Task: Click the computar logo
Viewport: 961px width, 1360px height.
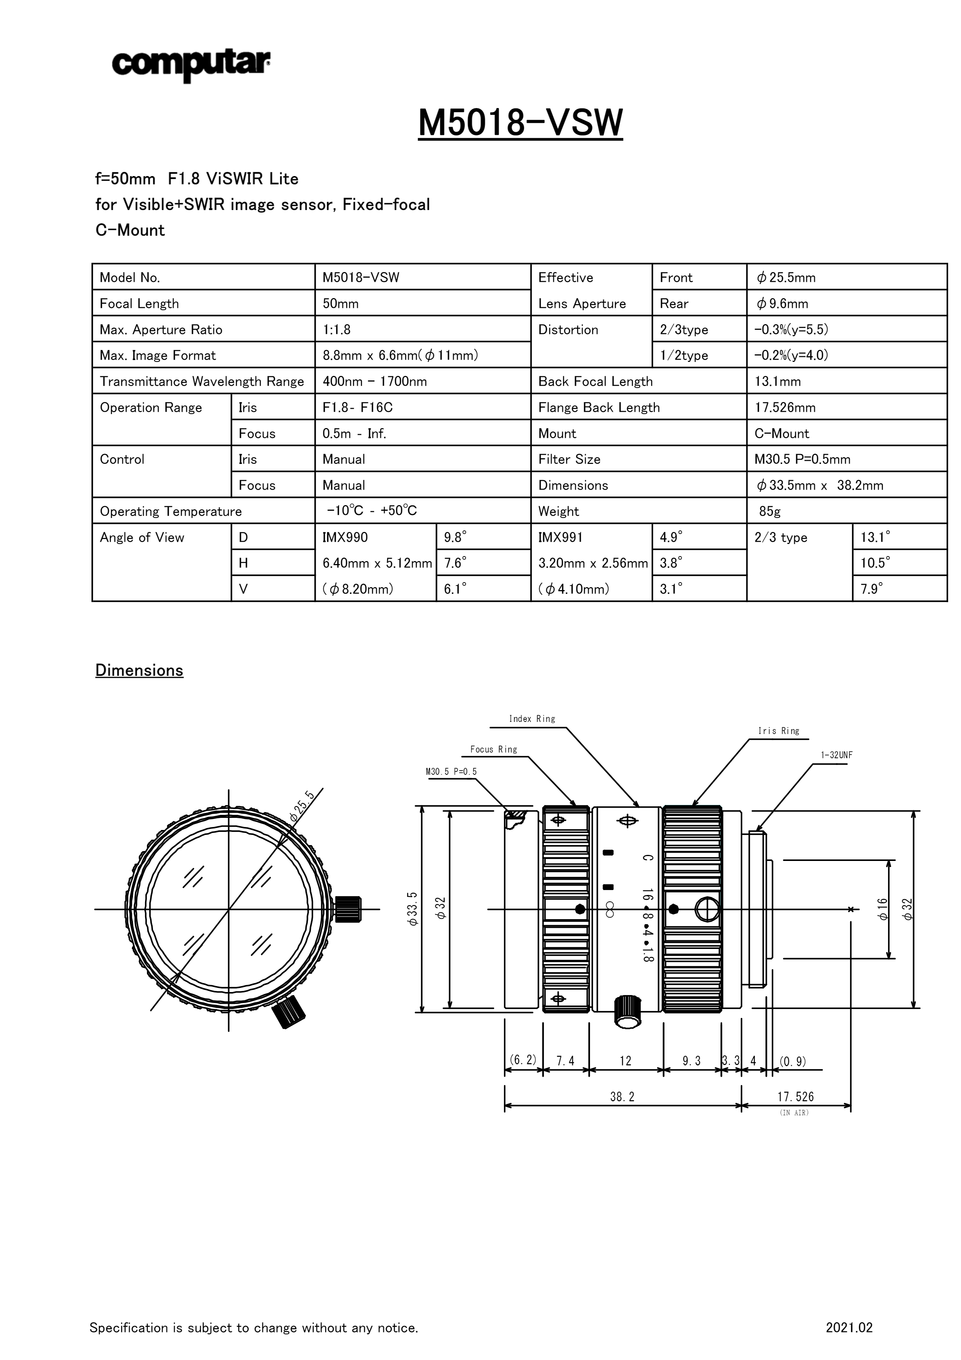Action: (191, 65)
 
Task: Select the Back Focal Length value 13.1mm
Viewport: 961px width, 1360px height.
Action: (777, 382)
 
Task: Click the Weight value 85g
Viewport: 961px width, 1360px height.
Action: (770, 511)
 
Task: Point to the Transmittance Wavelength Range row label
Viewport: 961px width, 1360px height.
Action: (201, 382)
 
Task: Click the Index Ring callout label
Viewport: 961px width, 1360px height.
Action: (532, 719)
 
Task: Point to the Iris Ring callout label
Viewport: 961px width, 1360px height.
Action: (778, 731)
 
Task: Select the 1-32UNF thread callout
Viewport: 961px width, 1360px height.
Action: (836, 755)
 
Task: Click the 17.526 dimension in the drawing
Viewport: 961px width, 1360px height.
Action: (795, 1096)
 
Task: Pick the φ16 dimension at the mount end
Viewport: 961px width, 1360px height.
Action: (883, 909)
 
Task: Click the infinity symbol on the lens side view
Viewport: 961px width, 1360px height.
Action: (609, 910)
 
